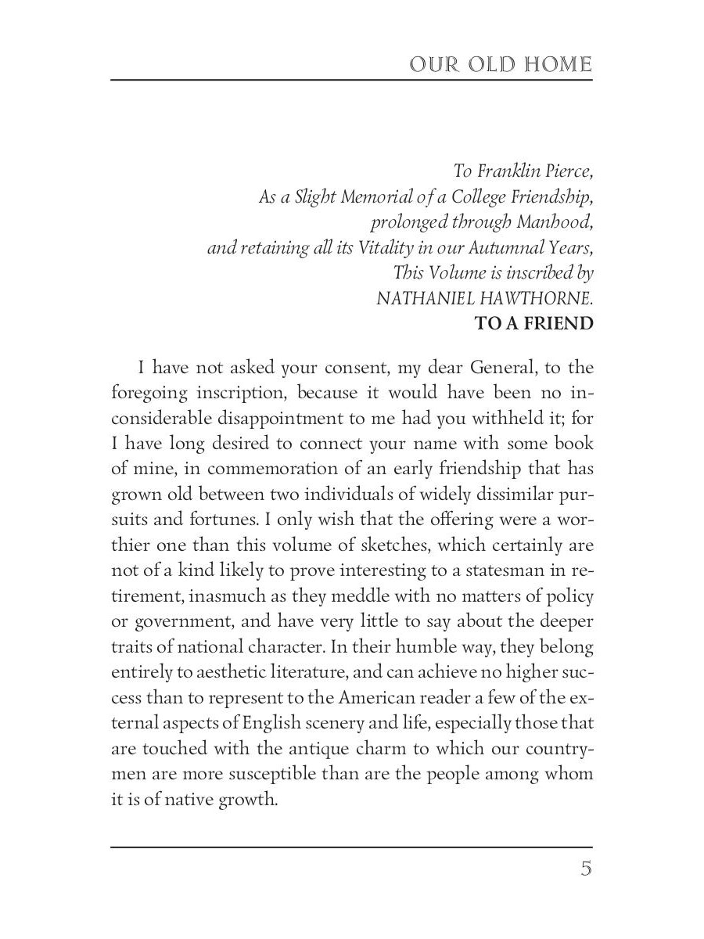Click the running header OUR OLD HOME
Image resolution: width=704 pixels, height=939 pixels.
click(501, 64)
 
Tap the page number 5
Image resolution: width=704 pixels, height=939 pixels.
click(585, 869)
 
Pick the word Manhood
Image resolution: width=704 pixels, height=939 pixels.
click(555, 222)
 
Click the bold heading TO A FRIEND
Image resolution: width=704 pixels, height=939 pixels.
click(534, 324)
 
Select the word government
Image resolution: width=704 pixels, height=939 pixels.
click(196, 621)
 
